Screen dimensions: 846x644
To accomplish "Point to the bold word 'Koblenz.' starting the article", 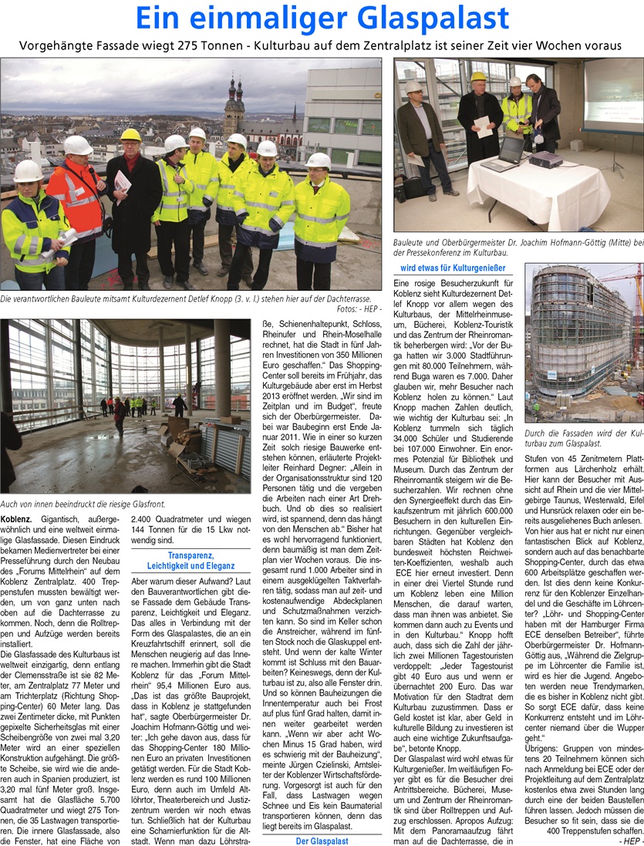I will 16,519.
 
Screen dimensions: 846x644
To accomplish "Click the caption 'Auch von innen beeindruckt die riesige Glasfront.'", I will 83,504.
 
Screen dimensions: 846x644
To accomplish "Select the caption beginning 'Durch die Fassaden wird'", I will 583,438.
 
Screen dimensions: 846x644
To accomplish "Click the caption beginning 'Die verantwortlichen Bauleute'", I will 185,298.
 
